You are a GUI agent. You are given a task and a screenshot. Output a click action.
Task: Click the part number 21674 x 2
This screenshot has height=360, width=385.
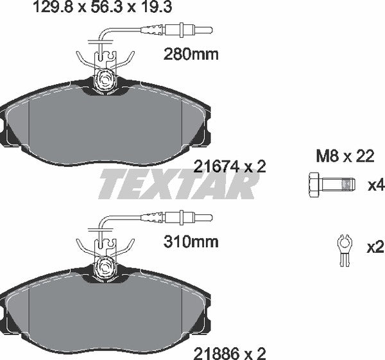[x=229, y=166]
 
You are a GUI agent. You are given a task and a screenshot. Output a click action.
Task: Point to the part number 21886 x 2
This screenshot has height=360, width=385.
[x=229, y=352]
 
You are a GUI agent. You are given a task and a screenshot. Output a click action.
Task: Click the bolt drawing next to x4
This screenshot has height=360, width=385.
[x=330, y=185]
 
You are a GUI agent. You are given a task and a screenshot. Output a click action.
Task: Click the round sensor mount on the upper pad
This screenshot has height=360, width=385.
[x=104, y=80]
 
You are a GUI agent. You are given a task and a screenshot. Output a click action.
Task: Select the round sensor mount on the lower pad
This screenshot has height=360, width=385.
[x=104, y=265]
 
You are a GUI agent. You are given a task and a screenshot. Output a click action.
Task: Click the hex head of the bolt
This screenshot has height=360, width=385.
[x=314, y=185]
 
